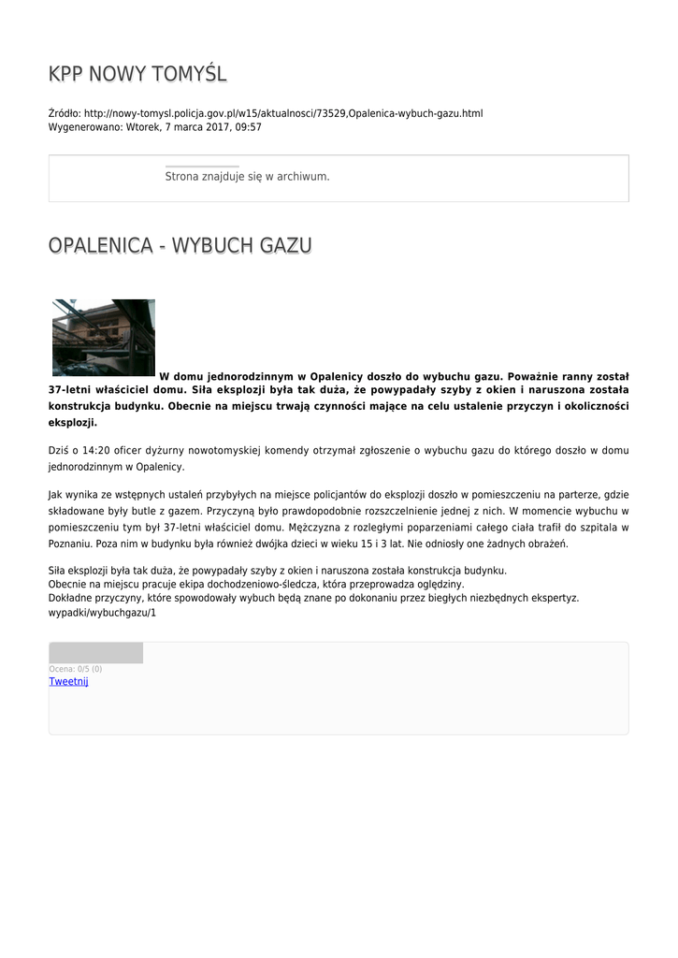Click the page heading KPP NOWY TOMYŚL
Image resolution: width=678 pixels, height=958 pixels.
point(137,74)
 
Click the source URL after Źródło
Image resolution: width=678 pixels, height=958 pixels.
point(283,113)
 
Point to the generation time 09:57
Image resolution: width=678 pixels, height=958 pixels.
point(249,126)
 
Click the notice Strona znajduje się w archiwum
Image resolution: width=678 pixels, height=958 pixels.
point(247,176)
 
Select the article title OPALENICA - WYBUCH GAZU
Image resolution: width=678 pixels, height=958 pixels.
point(180,245)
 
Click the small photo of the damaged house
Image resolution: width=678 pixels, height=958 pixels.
point(103,337)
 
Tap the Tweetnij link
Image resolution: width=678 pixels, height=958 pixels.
point(68,682)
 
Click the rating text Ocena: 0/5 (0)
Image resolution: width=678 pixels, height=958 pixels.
point(76,669)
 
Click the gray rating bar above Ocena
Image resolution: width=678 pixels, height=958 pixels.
point(95,653)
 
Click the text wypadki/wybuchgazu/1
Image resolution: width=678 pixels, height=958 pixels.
point(102,612)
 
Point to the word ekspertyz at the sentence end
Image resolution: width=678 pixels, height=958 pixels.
point(555,598)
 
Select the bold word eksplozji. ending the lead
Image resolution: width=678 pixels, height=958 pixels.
point(73,423)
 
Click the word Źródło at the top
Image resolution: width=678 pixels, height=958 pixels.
point(64,113)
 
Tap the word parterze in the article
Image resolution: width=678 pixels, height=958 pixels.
point(584,494)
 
